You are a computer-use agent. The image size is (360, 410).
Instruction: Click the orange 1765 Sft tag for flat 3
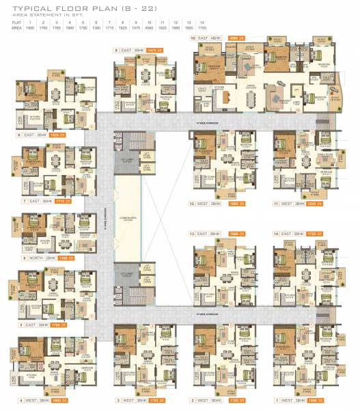155,400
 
